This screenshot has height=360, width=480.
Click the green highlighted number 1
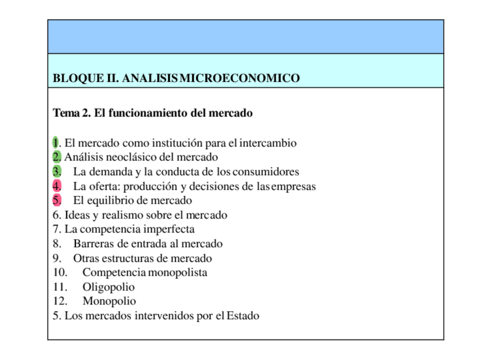pos(55,143)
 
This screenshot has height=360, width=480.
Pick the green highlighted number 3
pos(57,172)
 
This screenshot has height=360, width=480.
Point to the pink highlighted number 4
pos(57,186)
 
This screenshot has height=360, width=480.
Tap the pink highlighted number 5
pos(57,200)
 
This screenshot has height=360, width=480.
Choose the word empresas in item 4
pos(293,186)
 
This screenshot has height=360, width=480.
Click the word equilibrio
pos(111,200)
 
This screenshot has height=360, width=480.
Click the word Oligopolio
pos(109,288)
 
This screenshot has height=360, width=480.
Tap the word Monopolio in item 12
pos(109,302)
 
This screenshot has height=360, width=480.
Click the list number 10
pos(60,273)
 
